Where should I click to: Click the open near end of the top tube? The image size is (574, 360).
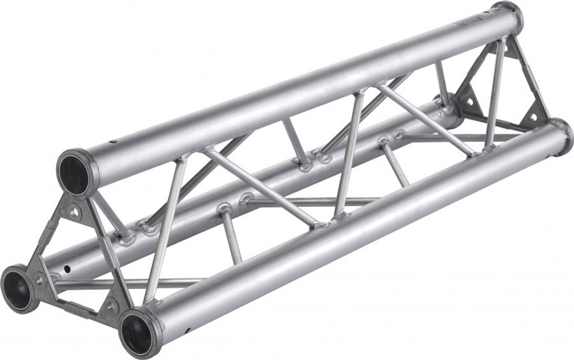[77, 171]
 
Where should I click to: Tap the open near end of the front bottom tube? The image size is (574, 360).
[139, 329]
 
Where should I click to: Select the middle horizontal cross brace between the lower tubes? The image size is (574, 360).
[314, 201]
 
